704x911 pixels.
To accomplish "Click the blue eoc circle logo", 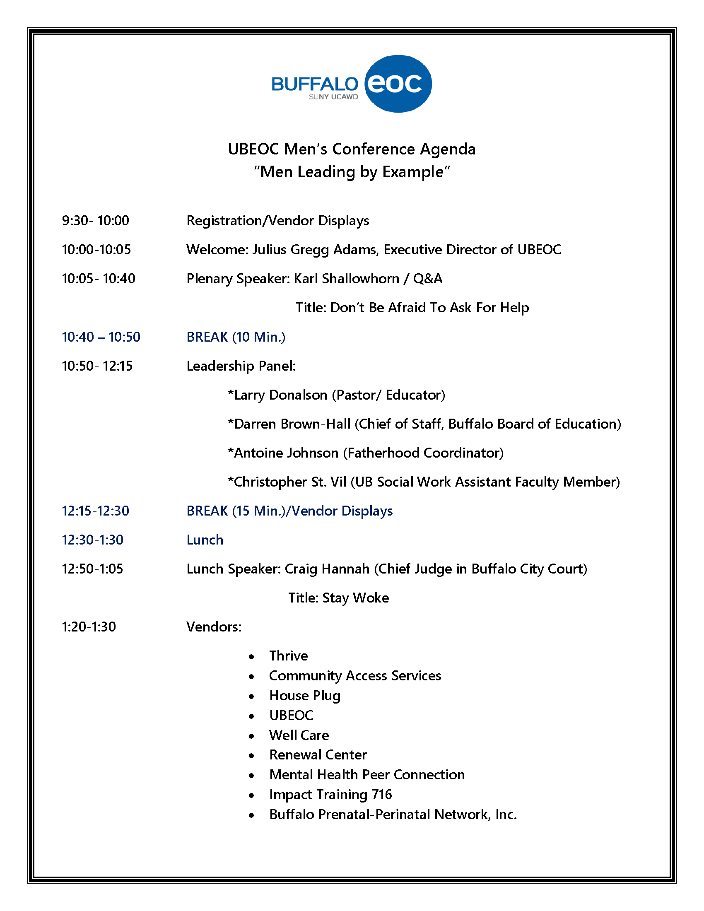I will [398, 84].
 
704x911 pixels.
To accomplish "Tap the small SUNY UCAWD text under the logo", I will [333, 97].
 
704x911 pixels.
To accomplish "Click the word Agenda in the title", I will [448, 149].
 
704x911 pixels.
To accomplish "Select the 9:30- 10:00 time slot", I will [96, 221].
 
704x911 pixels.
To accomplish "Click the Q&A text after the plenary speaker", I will [427, 279].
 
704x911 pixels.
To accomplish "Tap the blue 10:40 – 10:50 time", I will [101, 337].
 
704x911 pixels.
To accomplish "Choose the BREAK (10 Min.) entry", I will [236, 337].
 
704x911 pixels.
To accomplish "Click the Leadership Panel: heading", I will [241, 366].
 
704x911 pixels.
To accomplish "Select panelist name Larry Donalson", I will [280, 395].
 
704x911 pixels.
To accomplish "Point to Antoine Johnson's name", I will [286, 453].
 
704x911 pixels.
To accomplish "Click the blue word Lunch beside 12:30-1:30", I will [205, 540].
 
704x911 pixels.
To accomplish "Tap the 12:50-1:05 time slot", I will [93, 569].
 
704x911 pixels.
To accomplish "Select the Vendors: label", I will [214, 627].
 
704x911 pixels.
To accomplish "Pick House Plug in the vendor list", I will [305, 696].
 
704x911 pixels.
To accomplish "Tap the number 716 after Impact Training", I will [382, 795].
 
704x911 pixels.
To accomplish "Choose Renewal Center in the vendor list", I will [318, 755].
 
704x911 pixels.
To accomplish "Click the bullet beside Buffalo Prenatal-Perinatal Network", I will [251, 815].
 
